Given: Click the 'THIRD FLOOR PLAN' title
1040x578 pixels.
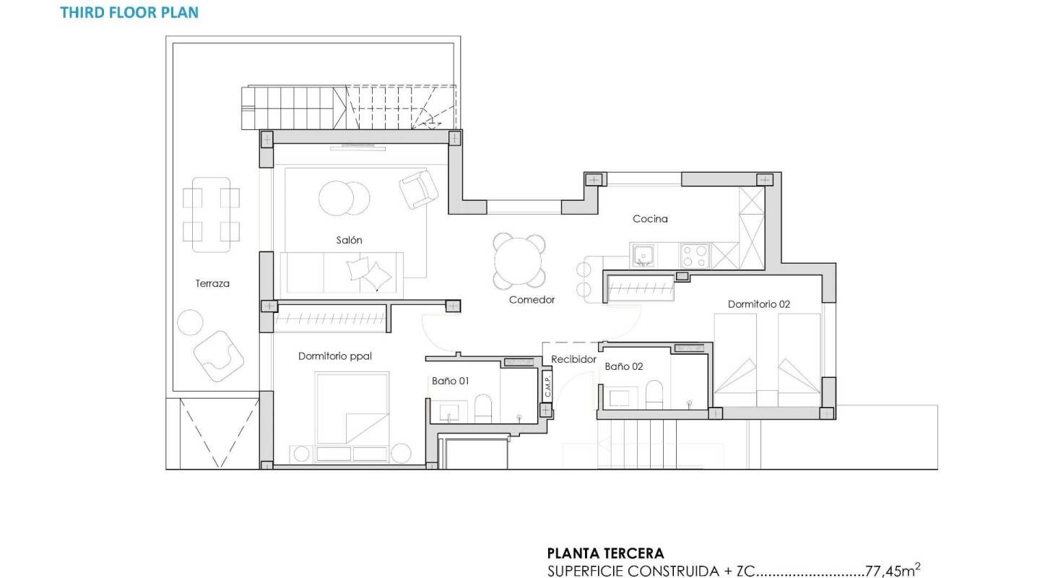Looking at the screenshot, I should pos(129,12).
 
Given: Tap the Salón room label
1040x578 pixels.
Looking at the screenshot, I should pos(349,240).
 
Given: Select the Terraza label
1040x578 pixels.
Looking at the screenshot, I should pos(212,283).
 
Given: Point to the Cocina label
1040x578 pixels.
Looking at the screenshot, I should pos(650,218).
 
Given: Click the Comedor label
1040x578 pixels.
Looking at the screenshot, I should pos(532,299).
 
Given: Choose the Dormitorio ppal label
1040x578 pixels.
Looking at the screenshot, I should pos(335,356).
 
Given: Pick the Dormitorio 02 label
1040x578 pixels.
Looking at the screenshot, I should pos(758,304).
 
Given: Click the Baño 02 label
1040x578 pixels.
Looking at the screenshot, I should pos(623,366).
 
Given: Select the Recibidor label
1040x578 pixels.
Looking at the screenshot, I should pos(573,359).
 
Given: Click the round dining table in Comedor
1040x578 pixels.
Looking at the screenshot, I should pos(519,261).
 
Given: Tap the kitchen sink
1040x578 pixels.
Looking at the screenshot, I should pos(643,254).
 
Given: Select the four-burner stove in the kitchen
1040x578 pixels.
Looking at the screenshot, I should pos(695,255).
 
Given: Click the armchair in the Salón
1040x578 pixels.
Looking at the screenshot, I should pos(419,189).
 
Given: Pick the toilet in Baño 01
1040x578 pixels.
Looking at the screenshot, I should pos(483,409).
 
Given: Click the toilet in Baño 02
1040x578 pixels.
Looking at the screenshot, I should pos(654,394).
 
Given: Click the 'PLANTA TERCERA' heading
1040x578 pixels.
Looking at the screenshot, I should pos(605,554).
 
